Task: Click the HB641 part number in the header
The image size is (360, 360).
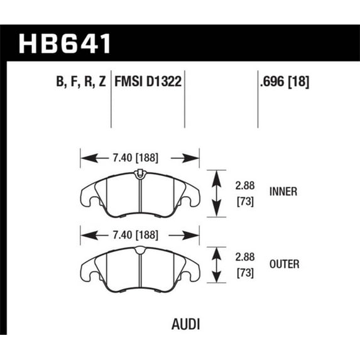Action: (65, 45)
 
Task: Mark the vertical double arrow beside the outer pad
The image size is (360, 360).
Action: (217, 265)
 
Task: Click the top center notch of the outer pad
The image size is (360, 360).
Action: (139, 251)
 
